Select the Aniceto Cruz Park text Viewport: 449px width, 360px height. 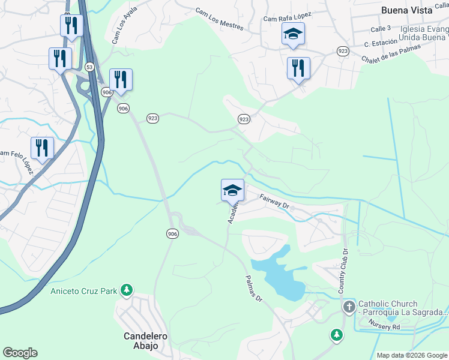coord(83,291)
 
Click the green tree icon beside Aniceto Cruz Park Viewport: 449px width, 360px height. coord(127,291)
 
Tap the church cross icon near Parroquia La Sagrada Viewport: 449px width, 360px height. coord(349,307)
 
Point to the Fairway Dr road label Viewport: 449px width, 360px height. coord(274,201)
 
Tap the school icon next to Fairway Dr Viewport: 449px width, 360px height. coord(232,190)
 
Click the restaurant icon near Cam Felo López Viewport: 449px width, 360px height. coord(42,148)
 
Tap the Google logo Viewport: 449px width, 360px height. coord(20,353)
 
